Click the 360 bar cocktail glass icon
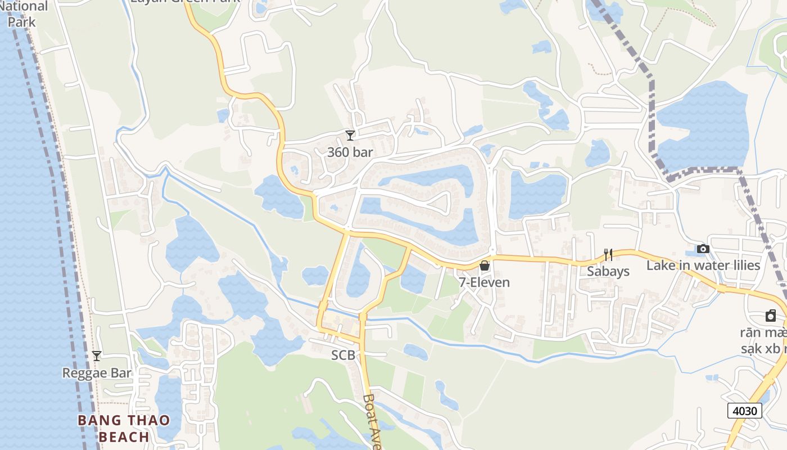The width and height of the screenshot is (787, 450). [350, 135]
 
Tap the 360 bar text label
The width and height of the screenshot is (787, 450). [350, 152]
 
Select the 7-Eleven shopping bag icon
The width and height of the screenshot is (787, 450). [484, 265]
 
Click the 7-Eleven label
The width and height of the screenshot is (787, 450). [484, 282]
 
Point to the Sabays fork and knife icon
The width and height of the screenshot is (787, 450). [608, 254]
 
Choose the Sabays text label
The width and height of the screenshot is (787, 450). [608, 271]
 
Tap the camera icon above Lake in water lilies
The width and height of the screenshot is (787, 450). [703, 249]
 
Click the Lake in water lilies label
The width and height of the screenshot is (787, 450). [703, 265]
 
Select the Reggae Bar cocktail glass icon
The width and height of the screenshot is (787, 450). [97, 355]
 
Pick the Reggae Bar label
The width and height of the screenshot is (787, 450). [97, 372]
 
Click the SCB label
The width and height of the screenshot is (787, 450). [343, 355]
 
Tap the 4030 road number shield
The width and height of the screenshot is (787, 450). [745, 411]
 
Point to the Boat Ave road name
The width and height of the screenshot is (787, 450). [373, 421]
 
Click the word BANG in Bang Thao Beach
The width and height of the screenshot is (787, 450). [99, 421]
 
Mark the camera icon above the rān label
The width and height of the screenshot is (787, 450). [770, 316]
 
